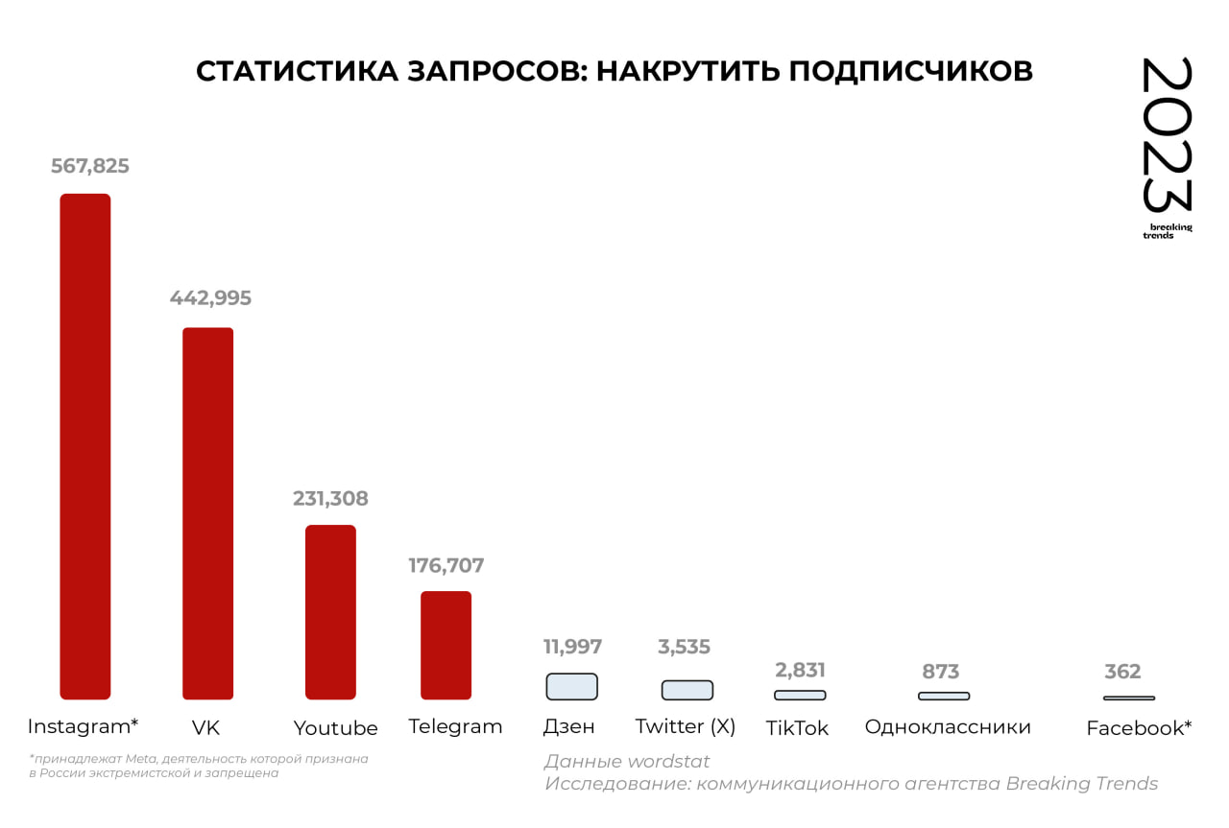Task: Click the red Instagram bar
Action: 85,446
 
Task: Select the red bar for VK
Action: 207,513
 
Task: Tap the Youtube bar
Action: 330,612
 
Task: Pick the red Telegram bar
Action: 446,645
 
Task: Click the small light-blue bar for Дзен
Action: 571,686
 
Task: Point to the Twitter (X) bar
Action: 687,690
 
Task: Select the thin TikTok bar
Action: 800,695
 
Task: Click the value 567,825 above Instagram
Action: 90,166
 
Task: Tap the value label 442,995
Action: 210,298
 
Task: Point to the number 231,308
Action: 330,499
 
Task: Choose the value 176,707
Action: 446,565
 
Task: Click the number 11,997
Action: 572,647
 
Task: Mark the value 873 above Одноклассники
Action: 942,672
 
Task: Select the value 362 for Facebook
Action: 1122,672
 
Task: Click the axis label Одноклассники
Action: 948,727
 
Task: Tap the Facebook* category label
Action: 1139,728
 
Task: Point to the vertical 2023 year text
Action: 1167,134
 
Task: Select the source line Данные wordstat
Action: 626,762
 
